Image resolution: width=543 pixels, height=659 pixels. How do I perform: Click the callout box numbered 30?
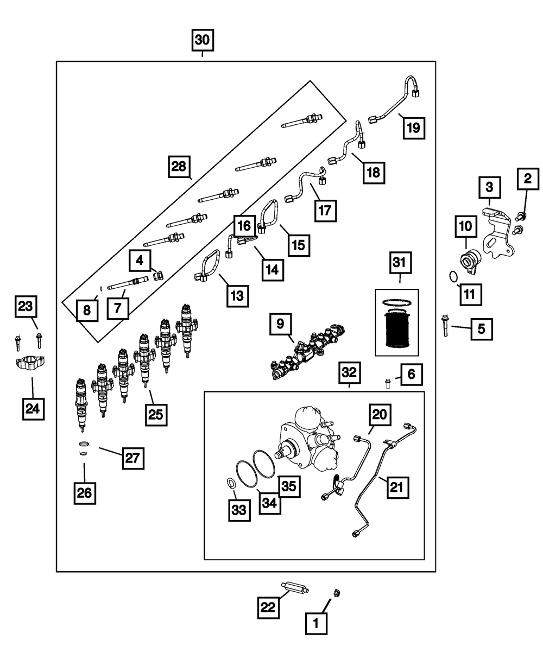point(202,40)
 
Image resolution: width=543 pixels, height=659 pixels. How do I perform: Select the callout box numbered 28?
point(179,166)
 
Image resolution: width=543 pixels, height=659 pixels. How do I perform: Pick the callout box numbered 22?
point(268,606)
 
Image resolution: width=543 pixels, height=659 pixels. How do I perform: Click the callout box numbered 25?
point(156,415)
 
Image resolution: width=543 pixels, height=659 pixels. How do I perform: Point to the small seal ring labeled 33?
point(230,482)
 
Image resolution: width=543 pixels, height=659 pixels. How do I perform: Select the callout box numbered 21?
point(397,487)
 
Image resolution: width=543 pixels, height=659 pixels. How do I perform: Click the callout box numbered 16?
point(244,224)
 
